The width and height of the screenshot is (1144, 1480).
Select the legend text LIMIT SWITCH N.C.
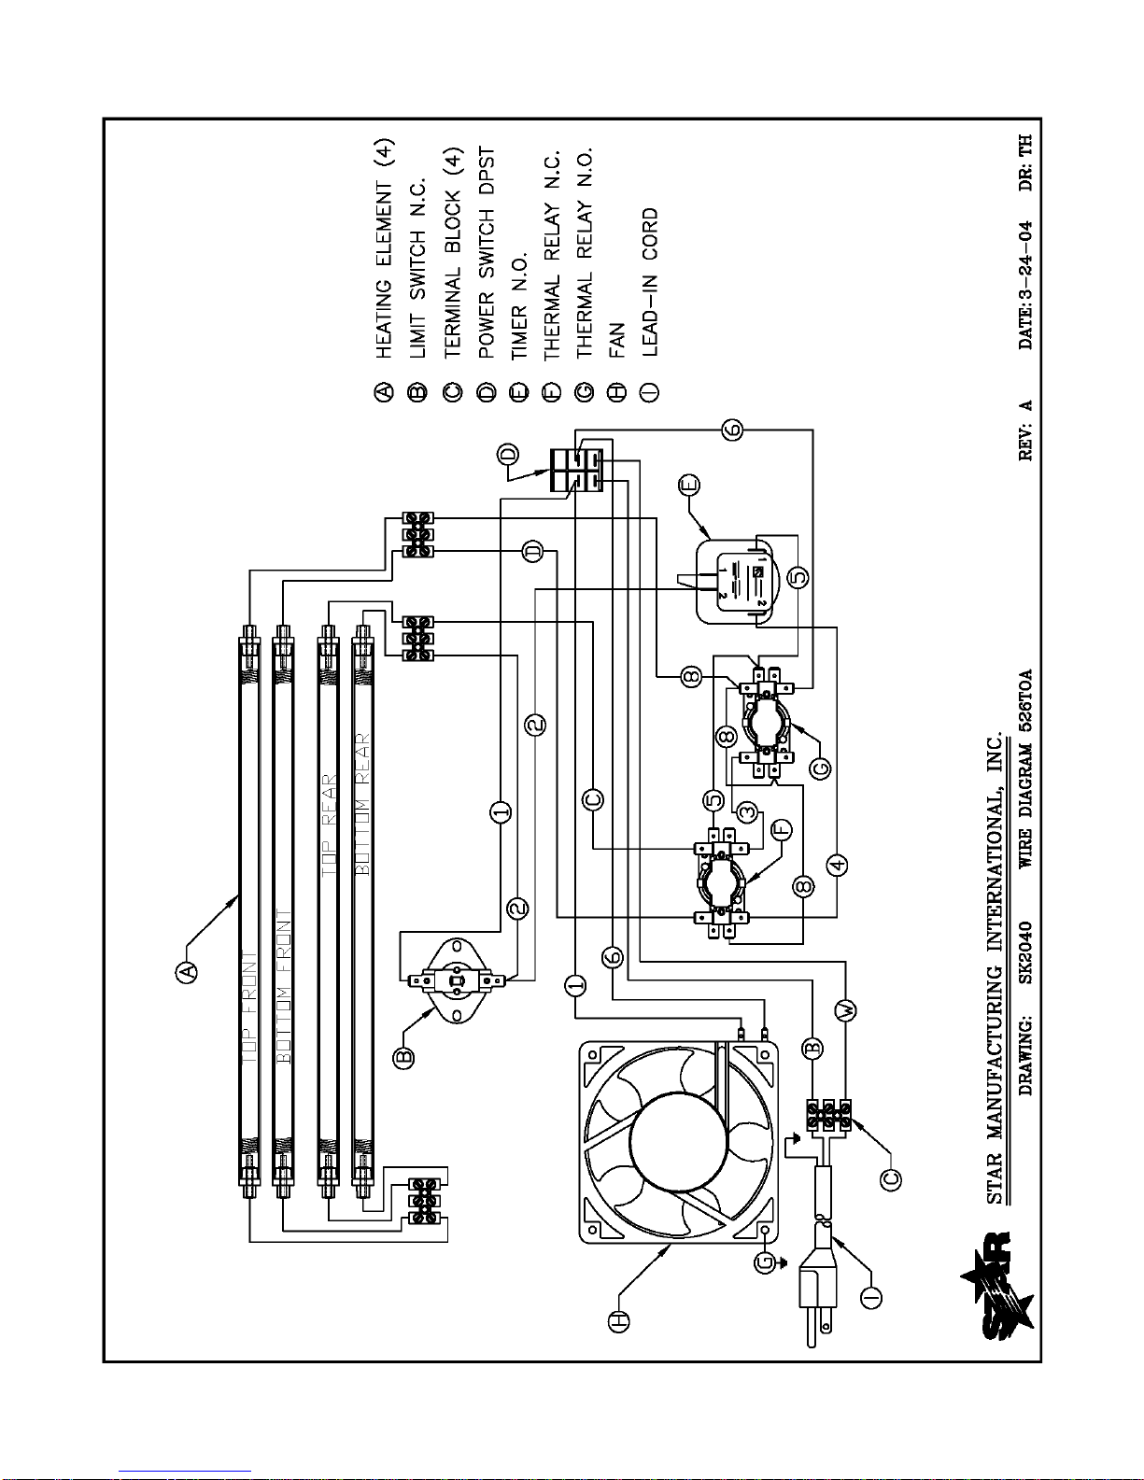tap(417, 268)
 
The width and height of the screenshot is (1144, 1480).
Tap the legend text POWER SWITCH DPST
tap(486, 253)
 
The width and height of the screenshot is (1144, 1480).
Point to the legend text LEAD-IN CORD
tap(650, 283)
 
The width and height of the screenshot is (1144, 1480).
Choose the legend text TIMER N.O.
tap(519, 306)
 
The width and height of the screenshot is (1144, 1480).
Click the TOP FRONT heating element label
tap(250, 1008)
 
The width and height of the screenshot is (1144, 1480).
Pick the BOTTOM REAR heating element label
tap(362, 804)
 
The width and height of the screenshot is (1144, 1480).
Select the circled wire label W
tap(848, 1010)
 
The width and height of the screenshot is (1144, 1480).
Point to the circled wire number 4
tap(837, 865)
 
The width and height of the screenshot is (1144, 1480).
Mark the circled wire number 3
tap(747, 811)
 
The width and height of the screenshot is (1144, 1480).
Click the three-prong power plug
tap(818, 1289)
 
